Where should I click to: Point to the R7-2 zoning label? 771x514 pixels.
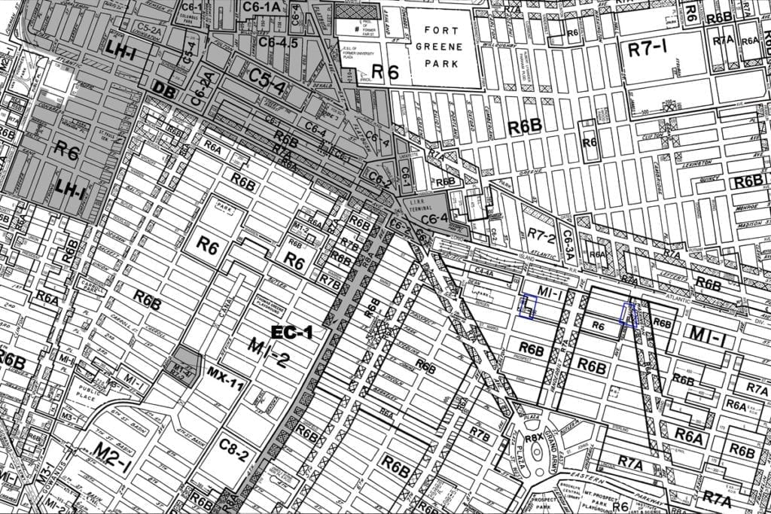pos(541,239)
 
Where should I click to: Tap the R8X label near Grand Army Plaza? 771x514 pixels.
pos(534,438)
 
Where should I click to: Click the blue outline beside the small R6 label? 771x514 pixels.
pos(628,314)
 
